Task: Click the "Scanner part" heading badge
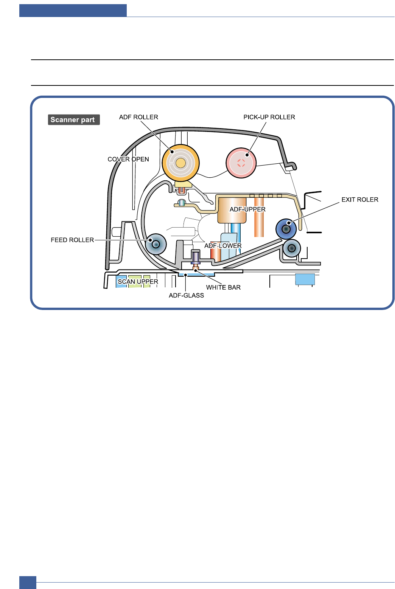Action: tap(73, 120)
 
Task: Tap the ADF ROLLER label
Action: tap(138, 117)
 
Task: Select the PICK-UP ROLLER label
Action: tap(269, 117)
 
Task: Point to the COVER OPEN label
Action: tap(128, 159)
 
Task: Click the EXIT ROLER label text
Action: tap(359, 200)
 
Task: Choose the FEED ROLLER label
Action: tap(72, 240)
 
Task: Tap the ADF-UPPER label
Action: tap(247, 209)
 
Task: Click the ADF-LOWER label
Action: tap(223, 246)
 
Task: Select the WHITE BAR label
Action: tap(223, 287)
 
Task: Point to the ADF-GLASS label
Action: tap(186, 296)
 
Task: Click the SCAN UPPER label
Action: tap(138, 282)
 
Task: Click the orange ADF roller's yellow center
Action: tap(181, 163)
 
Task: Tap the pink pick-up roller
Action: tap(241, 163)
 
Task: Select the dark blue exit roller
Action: tap(286, 229)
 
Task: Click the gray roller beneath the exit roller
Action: tap(292, 248)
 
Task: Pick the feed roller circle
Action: tap(156, 244)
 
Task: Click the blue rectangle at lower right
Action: tap(305, 279)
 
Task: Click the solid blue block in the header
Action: tap(73, 11)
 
